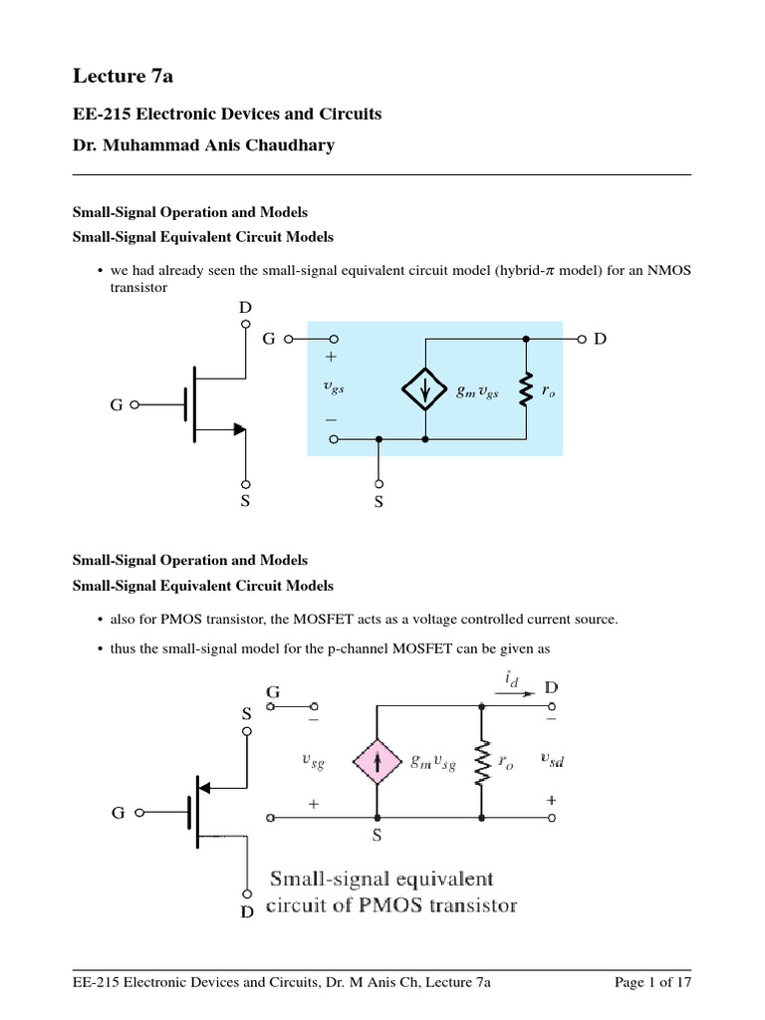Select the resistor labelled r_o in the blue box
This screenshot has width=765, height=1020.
[x=524, y=391]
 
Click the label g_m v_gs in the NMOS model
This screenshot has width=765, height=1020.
[x=478, y=392]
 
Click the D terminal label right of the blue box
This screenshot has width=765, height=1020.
[x=600, y=340]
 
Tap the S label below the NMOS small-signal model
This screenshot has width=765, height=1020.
[x=379, y=503]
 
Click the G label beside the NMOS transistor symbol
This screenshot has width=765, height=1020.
[x=117, y=405]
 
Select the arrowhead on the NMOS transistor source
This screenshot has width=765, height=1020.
[x=238, y=429]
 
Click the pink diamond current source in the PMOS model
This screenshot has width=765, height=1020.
[x=377, y=760]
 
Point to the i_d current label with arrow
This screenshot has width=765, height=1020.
[x=509, y=683]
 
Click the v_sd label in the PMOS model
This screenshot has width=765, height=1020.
[x=551, y=760]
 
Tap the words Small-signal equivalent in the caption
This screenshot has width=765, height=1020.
[x=382, y=879]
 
